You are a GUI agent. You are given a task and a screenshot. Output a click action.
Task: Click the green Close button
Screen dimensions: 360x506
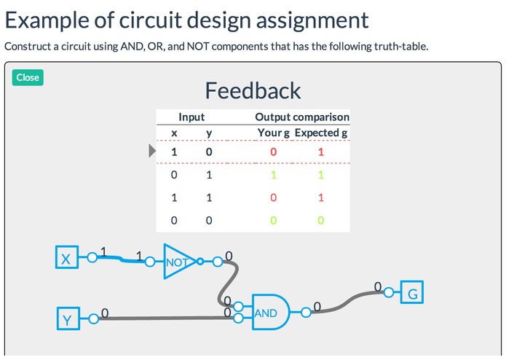point(28,77)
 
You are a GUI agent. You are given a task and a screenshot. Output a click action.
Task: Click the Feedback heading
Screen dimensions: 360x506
point(253,90)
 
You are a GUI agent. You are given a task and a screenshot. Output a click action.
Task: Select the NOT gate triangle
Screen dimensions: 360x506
point(177,261)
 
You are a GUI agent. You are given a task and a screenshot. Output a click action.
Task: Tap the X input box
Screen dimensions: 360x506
point(66,257)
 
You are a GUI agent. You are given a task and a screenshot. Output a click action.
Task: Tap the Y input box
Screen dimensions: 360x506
point(67,318)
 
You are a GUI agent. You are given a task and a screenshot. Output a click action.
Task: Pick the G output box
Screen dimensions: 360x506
point(413,294)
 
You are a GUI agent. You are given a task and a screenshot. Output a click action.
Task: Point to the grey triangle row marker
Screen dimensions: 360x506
point(152,151)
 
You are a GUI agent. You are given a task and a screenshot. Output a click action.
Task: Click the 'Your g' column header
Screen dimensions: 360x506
point(274,133)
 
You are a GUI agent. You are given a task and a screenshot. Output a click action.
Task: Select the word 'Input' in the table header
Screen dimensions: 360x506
point(191,117)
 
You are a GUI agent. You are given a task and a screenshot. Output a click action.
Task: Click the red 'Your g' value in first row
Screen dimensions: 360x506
point(274,152)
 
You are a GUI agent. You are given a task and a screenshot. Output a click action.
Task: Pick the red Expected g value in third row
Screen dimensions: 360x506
point(321,197)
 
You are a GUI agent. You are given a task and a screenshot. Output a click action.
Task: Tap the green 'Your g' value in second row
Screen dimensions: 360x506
point(274,175)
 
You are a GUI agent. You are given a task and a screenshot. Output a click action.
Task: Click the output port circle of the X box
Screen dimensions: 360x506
point(92,257)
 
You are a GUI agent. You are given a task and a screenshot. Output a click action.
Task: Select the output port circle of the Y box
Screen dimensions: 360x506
point(92,318)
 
